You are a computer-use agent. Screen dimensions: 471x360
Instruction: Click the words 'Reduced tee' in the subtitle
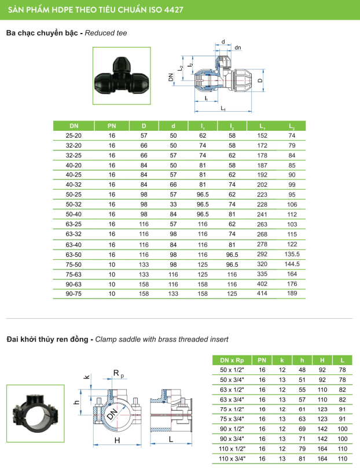tap(106, 34)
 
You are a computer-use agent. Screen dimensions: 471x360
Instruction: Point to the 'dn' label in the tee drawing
tap(238, 47)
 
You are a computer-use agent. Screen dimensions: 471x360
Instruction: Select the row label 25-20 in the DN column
tap(74, 135)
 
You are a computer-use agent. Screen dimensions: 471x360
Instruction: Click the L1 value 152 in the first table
tap(262, 135)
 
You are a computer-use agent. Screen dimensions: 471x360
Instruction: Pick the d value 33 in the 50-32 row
tap(173, 204)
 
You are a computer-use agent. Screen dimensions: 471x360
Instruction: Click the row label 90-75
tap(74, 293)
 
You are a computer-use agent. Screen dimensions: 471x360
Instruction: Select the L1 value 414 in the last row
tap(262, 293)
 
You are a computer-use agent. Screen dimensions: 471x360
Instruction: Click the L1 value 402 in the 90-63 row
tap(262, 284)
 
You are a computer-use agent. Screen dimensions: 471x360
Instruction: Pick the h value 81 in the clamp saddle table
tap(302, 458)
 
